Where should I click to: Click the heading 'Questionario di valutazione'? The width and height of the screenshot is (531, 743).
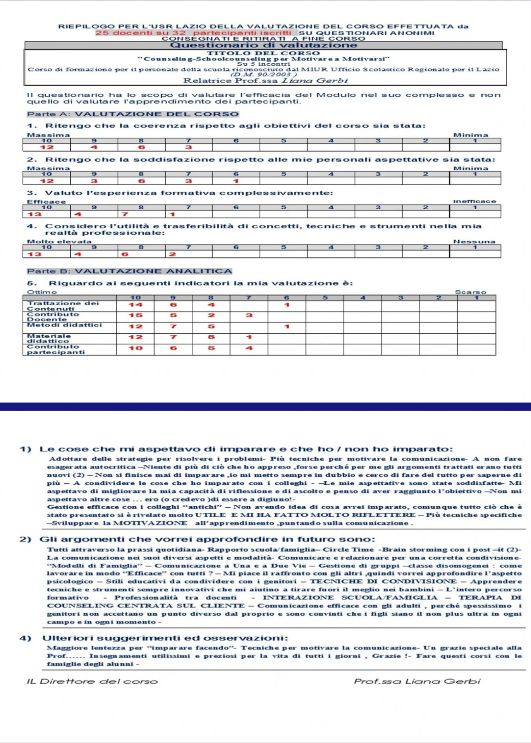click(x=263, y=45)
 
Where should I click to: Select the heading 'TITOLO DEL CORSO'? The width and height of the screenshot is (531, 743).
click(x=263, y=53)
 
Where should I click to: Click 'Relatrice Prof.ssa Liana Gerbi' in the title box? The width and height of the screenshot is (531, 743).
click(x=265, y=81)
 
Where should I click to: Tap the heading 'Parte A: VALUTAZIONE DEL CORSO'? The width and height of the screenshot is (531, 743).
click(x=133, y=114)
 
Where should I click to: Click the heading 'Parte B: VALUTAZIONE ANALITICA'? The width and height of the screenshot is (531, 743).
click(x=129, y=271)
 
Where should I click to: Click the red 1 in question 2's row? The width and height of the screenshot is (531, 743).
click(x=235, y=181)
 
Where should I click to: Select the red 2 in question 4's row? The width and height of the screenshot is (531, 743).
click(x=172, y=254)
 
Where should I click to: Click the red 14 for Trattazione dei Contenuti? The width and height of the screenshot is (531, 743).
click(x=136, y=305)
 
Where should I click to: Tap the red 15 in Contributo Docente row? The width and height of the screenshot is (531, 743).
click(x=136, y=315)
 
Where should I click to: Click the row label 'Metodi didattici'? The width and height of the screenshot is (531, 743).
click(x=64, y=325)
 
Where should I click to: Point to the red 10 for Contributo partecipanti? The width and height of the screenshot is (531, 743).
click(x=136, y=348)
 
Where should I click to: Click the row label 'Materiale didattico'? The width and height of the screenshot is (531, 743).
click(x=49, y=338)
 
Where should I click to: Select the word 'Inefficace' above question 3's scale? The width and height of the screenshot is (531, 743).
click(x=474, y=201)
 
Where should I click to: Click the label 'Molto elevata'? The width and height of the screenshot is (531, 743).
click(x=59, y=241)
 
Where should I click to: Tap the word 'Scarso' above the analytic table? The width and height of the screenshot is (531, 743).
click(x=470, y=292)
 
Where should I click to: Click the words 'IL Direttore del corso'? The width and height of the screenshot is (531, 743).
click(x=92, y=681)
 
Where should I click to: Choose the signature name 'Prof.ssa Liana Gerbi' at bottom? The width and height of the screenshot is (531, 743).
click(x=417, y=681)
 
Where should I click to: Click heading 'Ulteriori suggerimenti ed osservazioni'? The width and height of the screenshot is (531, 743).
click(x=165, y=638)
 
